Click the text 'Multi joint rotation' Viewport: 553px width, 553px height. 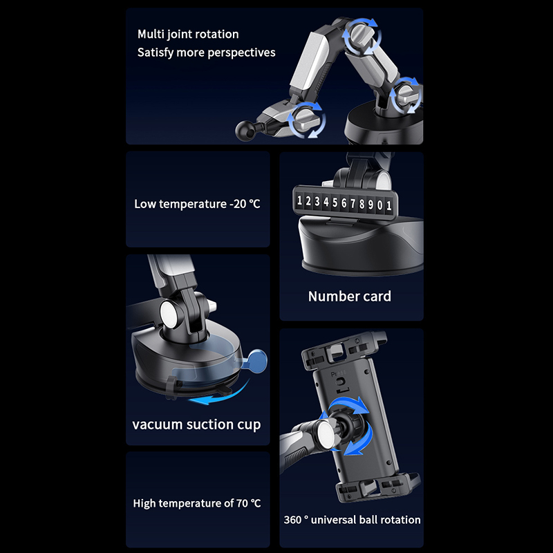point(188,34)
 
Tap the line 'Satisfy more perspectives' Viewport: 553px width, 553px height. point(206,53)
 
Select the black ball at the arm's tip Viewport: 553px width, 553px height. point(245,130)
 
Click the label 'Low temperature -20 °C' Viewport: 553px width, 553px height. point(197,204)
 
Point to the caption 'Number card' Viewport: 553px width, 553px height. point(350,297)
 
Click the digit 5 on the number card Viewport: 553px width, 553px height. point(335,203)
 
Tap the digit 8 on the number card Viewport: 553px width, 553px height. point(362,204)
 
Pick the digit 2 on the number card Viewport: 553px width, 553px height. point(308,201)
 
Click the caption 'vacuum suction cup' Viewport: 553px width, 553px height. point(196,424)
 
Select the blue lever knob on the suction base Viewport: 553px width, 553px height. point(257,359)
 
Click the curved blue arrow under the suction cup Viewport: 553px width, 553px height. point(218,394)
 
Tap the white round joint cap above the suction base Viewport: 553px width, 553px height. point(169,312)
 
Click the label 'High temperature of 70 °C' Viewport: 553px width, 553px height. point(197,503)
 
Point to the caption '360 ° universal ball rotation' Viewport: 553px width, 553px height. point(352,520)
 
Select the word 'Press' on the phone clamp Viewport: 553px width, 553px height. point(339,373)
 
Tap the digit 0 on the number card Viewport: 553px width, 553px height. point(379,205)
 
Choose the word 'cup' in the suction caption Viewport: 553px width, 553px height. point(249,425)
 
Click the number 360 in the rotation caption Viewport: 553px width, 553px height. point(292,520)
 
